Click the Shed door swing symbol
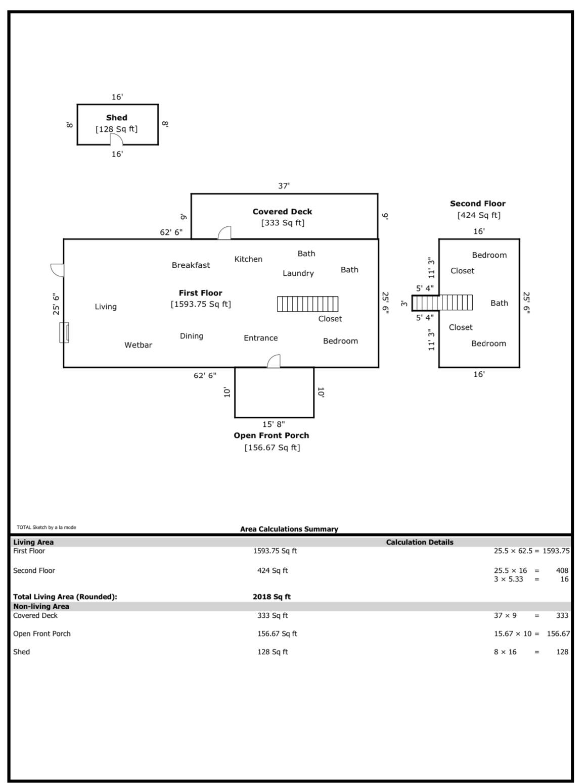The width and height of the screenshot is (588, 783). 116,139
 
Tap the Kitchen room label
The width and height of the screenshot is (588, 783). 248,259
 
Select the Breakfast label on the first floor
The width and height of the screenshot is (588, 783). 191,265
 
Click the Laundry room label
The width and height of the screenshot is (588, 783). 298,273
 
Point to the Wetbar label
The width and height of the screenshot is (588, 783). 138,345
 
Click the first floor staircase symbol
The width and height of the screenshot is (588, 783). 308,304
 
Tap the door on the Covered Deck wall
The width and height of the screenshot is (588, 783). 224,232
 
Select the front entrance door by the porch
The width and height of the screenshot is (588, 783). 274,361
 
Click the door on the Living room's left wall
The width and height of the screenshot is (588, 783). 57,270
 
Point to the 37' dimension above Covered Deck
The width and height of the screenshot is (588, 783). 284,186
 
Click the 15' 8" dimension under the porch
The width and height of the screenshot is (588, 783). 274,424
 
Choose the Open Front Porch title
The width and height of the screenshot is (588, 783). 272,435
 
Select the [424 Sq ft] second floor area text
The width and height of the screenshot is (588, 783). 479,215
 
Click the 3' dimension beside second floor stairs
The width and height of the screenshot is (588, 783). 404,304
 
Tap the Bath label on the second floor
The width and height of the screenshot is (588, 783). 499,303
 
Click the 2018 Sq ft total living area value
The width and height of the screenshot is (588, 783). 272,597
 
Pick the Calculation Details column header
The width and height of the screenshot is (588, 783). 420,542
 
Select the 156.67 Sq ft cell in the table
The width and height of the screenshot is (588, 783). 277,633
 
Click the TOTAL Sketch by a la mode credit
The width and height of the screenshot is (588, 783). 47,527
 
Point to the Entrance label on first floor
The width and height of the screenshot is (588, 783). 260,338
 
